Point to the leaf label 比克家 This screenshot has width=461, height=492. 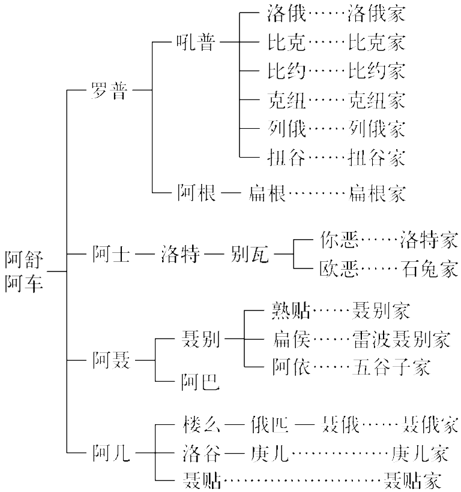[376, 42]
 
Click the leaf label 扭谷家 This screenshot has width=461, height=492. [376, 158]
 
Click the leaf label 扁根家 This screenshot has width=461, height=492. [376, 193]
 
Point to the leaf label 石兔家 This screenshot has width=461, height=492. [430, 268]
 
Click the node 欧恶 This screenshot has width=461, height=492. [339, 268]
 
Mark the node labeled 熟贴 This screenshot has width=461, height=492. [291, 311]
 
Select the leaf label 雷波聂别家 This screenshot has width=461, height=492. [401, 340]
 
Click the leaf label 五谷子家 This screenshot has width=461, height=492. [391, 366]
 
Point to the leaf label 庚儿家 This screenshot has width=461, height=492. [420, 454]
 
